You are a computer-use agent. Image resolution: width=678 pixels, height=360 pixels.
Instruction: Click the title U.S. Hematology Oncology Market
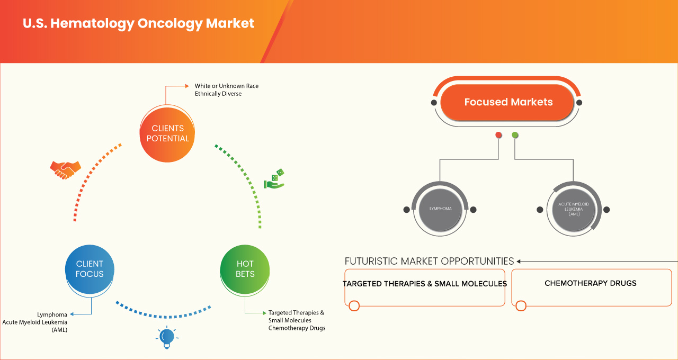point(138,24)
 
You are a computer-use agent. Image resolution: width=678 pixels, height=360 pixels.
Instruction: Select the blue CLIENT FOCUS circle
point(90,269)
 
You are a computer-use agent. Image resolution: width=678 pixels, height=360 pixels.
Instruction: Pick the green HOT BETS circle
point(245,269)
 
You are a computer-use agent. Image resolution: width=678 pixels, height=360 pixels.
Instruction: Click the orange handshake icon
point(65,169)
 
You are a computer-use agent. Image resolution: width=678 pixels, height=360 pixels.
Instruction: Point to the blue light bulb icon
point(167,337)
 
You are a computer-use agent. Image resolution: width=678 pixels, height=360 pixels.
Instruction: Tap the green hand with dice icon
point(274,179)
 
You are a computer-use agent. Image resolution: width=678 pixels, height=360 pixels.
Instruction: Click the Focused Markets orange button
point(508,102)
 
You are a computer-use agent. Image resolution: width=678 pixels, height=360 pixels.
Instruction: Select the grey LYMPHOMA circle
point(440,209)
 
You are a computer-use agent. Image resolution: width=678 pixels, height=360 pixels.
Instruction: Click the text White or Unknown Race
point(226,86)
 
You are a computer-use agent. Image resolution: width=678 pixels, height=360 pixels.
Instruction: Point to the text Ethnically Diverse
point(218,94)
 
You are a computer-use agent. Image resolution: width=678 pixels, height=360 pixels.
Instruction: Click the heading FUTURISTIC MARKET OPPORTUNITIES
point(429,261)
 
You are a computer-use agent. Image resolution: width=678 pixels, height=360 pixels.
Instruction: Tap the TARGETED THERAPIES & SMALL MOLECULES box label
point(424,284)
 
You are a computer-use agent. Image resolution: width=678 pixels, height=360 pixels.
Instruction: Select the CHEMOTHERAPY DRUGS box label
point(591,283)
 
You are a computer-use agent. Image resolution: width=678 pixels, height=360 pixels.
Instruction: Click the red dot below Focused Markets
point(498,135)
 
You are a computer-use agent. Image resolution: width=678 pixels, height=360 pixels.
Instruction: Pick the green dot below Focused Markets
point(515,135)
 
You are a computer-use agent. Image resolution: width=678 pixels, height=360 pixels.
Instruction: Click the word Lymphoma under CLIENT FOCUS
point(52,314)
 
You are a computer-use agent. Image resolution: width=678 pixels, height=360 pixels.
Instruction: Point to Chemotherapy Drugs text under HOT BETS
point(297,328)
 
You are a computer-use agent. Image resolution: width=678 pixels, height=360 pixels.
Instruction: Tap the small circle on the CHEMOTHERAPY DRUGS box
point(521,305)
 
